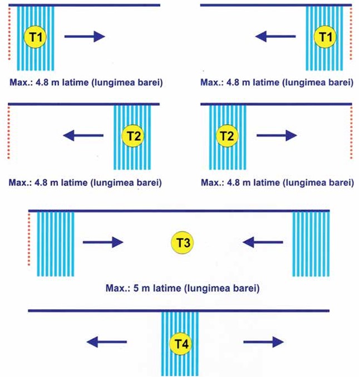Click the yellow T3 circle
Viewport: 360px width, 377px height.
(183, 242)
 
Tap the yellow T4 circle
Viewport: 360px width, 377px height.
(180, 344)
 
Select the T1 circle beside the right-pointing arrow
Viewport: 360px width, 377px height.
(35, 37)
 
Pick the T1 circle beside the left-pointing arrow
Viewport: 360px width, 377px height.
(325, 37)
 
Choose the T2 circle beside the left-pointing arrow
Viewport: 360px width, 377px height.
(133, 136)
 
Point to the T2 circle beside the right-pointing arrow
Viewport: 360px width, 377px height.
(227, 136)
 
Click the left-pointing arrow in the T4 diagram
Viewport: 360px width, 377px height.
(107, 342)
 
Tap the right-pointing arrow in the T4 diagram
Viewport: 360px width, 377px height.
(263, 342)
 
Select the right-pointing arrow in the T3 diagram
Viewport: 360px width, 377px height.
(103, 242)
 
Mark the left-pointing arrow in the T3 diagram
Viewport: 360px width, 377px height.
(263, 242)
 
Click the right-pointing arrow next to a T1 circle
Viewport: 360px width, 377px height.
(85, 37)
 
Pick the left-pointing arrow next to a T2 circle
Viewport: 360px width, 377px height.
(83, 135)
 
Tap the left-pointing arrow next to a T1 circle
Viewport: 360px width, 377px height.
(275, 37)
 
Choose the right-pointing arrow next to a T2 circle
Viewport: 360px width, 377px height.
(277, 135)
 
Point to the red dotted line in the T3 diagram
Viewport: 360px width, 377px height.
(29, 239)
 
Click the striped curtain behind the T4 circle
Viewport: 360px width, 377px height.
(180, 344)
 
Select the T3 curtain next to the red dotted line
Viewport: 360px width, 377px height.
(56, 244)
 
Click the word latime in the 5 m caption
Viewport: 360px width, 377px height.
(167, 288)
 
